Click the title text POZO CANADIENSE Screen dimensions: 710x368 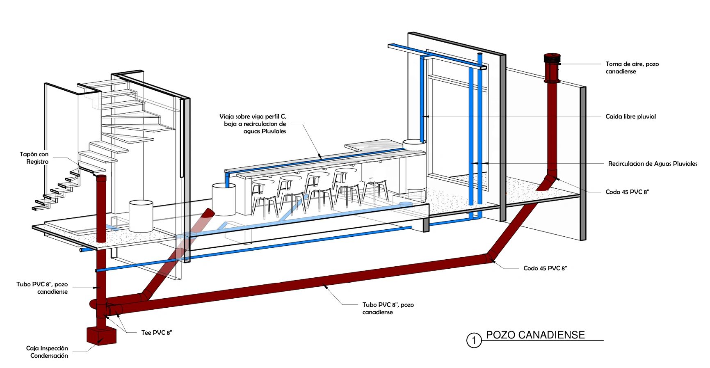pyautogui.click(x=535, y=335)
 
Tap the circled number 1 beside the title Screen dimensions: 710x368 pyautogui.click(x=474, y=340)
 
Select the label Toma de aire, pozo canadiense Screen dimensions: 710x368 pyautogui.click(x=632, y=68)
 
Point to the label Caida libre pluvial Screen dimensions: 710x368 pyautogui.click(x=630, y=117)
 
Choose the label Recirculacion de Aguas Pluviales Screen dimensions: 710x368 pyautogui.click(x=653, y=164)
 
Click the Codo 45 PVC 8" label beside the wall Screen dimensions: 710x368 pyautogui.click(x=627, y=192)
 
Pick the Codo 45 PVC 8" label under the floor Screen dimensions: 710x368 pyautogui.click(x=545, y=268)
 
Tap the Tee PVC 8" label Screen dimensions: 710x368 pyautogui.click(x=156, y=333)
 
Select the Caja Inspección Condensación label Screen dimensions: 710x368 pyautogui.click(x=47, y=352)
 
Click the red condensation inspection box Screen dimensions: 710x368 pyautogui.click(x=101, y=336)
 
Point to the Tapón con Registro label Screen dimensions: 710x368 pyautogui.click(x=34, y=158)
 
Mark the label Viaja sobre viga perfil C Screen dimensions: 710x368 pyautogui.click(x=253, y=117)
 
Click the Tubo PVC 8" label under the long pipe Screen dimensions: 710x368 pyautogui.click(x=388, y=309)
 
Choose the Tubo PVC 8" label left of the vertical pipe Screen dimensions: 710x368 pyautogui.click(x=42, y=288)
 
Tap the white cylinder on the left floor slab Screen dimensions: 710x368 pyautogui.click(x=141, y=216)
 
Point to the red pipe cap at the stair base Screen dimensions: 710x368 pyautogui.click(x=101, y=177)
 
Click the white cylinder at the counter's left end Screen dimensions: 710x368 pyautogui.click(x=224, y=199)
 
